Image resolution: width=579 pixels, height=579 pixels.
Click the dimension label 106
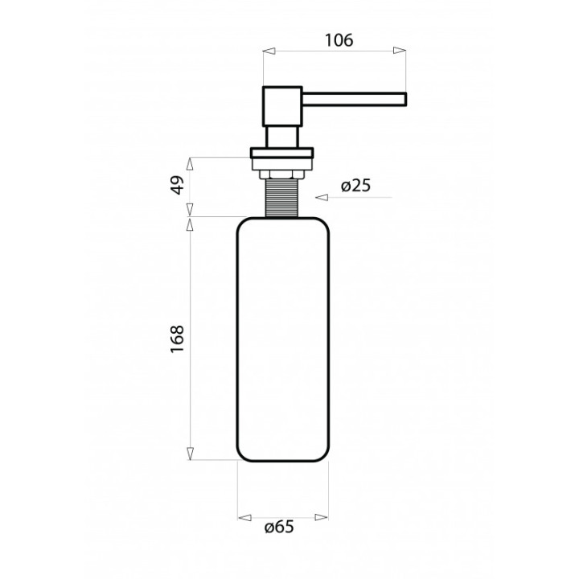click(339, 40)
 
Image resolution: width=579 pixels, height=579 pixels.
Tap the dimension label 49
click(178, 185)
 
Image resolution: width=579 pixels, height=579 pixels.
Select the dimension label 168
click(178, 339)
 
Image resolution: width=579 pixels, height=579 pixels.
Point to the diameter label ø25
click(355, 186)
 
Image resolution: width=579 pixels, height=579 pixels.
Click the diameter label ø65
click(279, 527)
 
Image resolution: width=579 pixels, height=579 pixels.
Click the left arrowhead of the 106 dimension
click(269, 51)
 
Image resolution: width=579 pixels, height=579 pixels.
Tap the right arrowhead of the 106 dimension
click(400, 51)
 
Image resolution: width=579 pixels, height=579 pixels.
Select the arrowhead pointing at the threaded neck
click(322, 198)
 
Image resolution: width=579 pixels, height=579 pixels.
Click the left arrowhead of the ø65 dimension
click(244, 518)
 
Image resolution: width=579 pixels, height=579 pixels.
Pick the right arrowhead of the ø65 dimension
click(321, 518)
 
